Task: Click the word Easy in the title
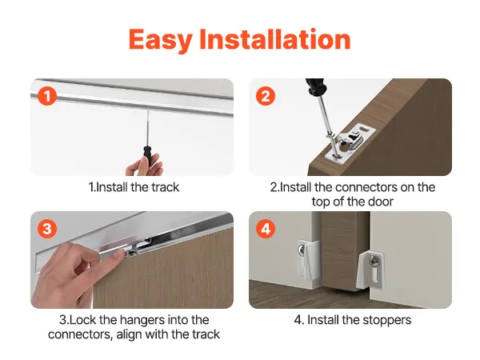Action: pyautogui.click(x=161, y=40)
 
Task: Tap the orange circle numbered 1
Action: pyautogui.click(x=47, y=96)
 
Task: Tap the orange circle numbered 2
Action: pyautogui.click(x=266, y=96)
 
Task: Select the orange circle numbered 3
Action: pyautogui.click(x=47, y=229)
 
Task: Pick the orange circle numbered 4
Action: pyautogui.click(x=266, y=229)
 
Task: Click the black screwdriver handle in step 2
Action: pyautogui.click(x=315, y=86)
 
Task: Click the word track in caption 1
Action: pyautogui.click(x=166, y=187)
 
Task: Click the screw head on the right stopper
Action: pyautogui.click(x=374, y=261)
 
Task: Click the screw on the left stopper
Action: pyautogui.click(x=302, y=250)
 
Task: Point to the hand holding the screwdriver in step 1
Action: pyautogui.click(x=145, y=166)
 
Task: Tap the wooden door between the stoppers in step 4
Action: pyautogui.click(x=345, y=250)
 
